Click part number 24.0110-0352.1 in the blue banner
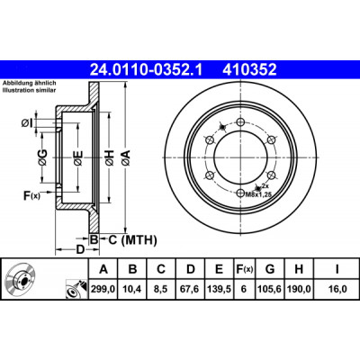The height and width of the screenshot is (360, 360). pyautogui.click(x=146, y=70)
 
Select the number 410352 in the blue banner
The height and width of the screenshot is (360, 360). pyautogui.click(x=249, y=70)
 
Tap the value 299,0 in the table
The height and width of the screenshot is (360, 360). pyautogui.click(x=103, y=289)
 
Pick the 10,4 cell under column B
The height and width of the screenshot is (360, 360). pyautogui.click(x=132, y=289)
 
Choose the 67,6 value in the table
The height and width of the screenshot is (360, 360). pyautogui.click(x=190, y=289)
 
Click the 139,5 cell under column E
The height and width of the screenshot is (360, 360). pyautogui.click(x=219, y=289)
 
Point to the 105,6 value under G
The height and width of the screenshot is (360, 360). pyautogui.click(x=270, y=289)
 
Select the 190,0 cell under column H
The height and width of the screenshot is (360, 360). pyautogui.click(x=299, y=289)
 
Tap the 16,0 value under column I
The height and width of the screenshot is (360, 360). pyautogui.click(x=337, y=289)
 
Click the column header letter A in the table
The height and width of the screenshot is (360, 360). pyautogui.click(x=103, y=269)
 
